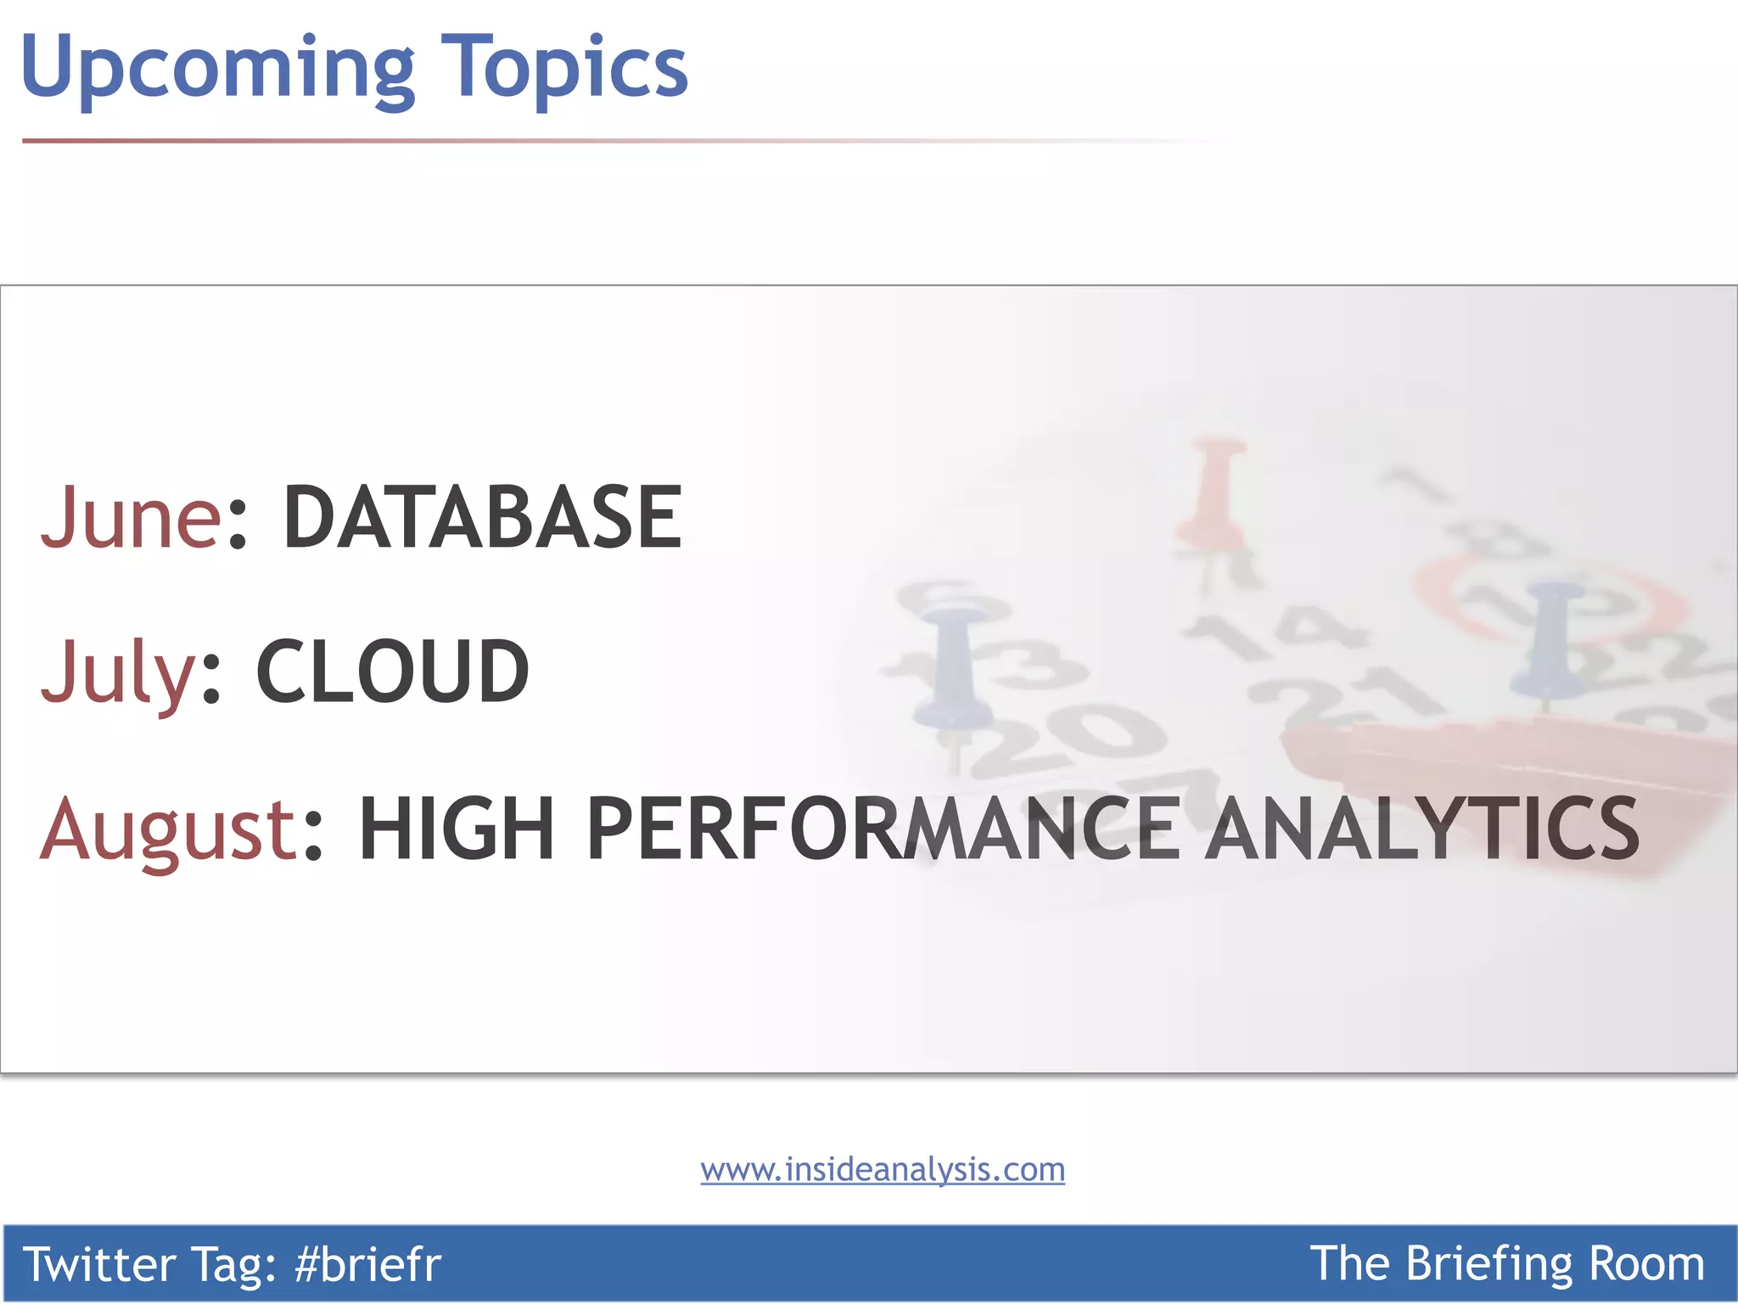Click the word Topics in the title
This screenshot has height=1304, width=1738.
click(564, 68)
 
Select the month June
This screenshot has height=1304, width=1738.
click(132, 516)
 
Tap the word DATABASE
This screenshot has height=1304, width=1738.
click(482, 516)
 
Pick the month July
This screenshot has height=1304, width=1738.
click(119, 672)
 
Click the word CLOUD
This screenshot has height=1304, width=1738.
click(392, 672)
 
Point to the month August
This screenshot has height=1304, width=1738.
click(167, 829)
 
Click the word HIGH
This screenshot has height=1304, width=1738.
click(457, 829)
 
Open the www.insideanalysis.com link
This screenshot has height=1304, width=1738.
click(883, 1170)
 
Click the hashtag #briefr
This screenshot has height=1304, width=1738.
click(367, 1263)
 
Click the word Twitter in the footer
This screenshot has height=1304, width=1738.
click(98, 1263)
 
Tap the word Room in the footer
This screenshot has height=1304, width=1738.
click(1645, 1263)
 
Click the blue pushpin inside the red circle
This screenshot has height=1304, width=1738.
click(1549, 637)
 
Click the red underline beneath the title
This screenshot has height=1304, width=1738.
click(424, 141)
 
